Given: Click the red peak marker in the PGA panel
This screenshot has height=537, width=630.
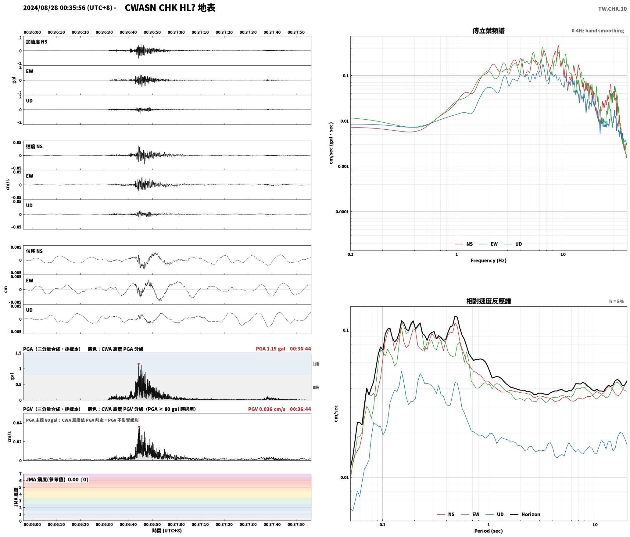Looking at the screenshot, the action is (138, 364).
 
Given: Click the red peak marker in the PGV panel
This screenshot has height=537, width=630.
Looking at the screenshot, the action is (139, 427).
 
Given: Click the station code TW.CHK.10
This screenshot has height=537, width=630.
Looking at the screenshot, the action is (612, 9).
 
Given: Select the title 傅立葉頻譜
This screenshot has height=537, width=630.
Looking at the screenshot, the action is (488, 31).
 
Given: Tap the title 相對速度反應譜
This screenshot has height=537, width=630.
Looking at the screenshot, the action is (489, 301).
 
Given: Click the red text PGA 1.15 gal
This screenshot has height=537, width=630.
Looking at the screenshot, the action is (270, 349).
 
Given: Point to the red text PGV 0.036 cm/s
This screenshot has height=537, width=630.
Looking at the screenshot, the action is (267, 409).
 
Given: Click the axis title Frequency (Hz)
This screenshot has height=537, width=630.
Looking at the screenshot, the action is (488, 260).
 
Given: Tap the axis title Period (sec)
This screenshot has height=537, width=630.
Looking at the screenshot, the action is (488, 531).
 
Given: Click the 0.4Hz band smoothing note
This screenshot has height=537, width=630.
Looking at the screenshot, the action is (598, 31).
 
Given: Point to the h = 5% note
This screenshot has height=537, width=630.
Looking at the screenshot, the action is (617, 301).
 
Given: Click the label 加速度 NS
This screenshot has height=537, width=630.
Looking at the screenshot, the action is (37, 42).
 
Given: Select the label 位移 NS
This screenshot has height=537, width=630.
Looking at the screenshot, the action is (34, 251).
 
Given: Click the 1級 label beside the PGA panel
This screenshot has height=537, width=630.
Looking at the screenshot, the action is (316, 364).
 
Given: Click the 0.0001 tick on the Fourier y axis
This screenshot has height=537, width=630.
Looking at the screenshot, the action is (342, 212).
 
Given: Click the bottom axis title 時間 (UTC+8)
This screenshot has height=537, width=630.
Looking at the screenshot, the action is (167, 531).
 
